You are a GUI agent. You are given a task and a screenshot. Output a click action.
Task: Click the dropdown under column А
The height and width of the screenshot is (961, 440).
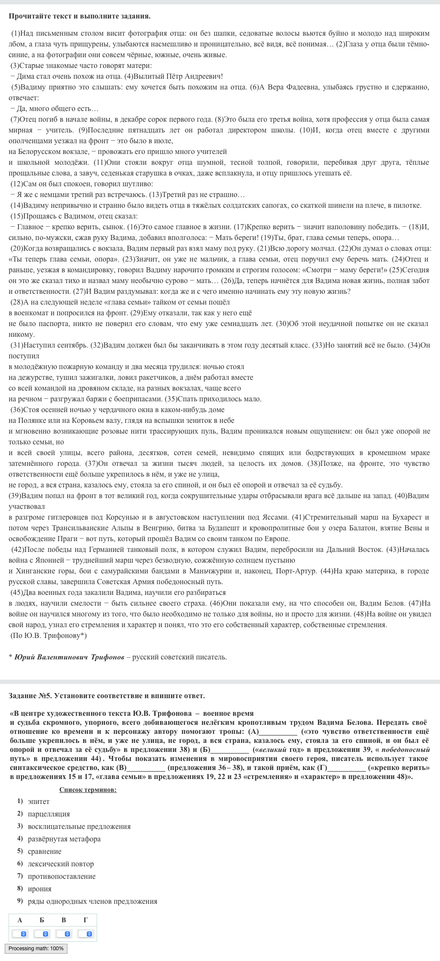[20, 934]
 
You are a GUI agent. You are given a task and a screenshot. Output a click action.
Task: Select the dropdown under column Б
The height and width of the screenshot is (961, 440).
[42, 934]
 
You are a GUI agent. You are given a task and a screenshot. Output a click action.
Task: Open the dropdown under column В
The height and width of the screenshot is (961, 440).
[64, 934]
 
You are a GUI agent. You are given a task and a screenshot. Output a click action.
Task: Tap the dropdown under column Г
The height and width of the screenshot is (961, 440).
[86, 934]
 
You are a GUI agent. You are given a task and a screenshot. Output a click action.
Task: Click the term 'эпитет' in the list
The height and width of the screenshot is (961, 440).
[39, 801]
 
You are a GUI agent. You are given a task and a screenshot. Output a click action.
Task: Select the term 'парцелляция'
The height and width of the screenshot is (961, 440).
[49, 814]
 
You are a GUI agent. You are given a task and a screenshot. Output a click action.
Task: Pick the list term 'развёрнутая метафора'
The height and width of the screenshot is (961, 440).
[64, 839]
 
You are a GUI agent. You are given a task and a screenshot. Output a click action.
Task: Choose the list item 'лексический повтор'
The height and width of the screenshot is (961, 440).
[61, 864]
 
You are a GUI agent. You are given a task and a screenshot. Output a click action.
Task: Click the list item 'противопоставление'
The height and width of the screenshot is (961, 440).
[61, 876]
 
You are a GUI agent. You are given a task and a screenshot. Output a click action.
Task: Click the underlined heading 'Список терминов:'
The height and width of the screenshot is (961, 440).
[88, 789]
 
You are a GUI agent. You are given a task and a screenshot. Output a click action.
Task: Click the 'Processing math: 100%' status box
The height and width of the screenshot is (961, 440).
[36, 949]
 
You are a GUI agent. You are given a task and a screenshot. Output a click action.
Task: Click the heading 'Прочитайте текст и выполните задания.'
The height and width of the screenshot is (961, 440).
[79, 16]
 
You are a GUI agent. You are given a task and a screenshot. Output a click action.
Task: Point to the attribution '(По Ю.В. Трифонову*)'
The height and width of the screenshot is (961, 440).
[49, 635]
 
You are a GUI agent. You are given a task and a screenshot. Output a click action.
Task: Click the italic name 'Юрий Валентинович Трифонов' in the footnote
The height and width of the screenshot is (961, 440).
[69, 657]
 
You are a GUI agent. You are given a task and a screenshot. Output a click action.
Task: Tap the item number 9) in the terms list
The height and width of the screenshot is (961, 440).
[20, 901]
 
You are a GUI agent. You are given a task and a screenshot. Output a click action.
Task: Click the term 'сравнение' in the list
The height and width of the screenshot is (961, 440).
[44, 851]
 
